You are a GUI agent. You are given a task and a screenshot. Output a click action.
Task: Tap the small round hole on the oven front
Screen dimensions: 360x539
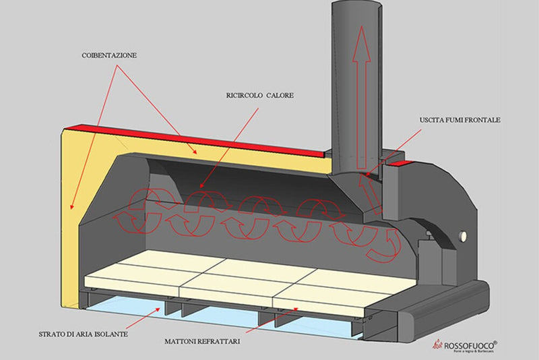pyautogui.click(x=464, y=237)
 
